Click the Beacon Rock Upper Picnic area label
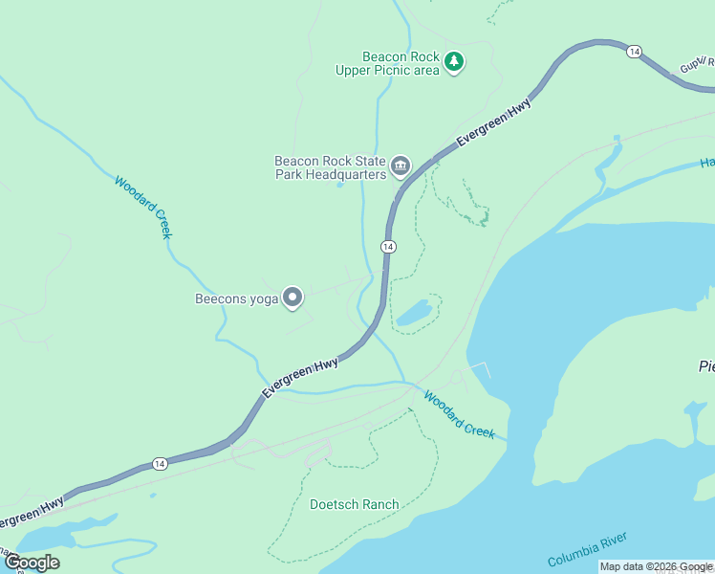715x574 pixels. click(387, 63)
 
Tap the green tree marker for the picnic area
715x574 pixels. click(455, 62)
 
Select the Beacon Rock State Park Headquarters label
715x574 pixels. click(330, 167)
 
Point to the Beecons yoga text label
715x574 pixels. click(236, 299)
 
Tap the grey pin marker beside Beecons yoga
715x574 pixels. click(293, 298)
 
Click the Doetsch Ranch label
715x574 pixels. click(354, 504)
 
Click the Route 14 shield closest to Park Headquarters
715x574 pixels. click(387, 247)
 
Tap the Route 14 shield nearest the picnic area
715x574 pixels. click(634, 51)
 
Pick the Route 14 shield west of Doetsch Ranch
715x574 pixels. click(159, 463)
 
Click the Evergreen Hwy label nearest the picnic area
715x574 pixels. click(493, 123)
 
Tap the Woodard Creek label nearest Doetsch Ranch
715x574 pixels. click(460, 415)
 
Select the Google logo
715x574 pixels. click(32, 563)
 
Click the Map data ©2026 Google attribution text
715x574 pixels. click(656, 567)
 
